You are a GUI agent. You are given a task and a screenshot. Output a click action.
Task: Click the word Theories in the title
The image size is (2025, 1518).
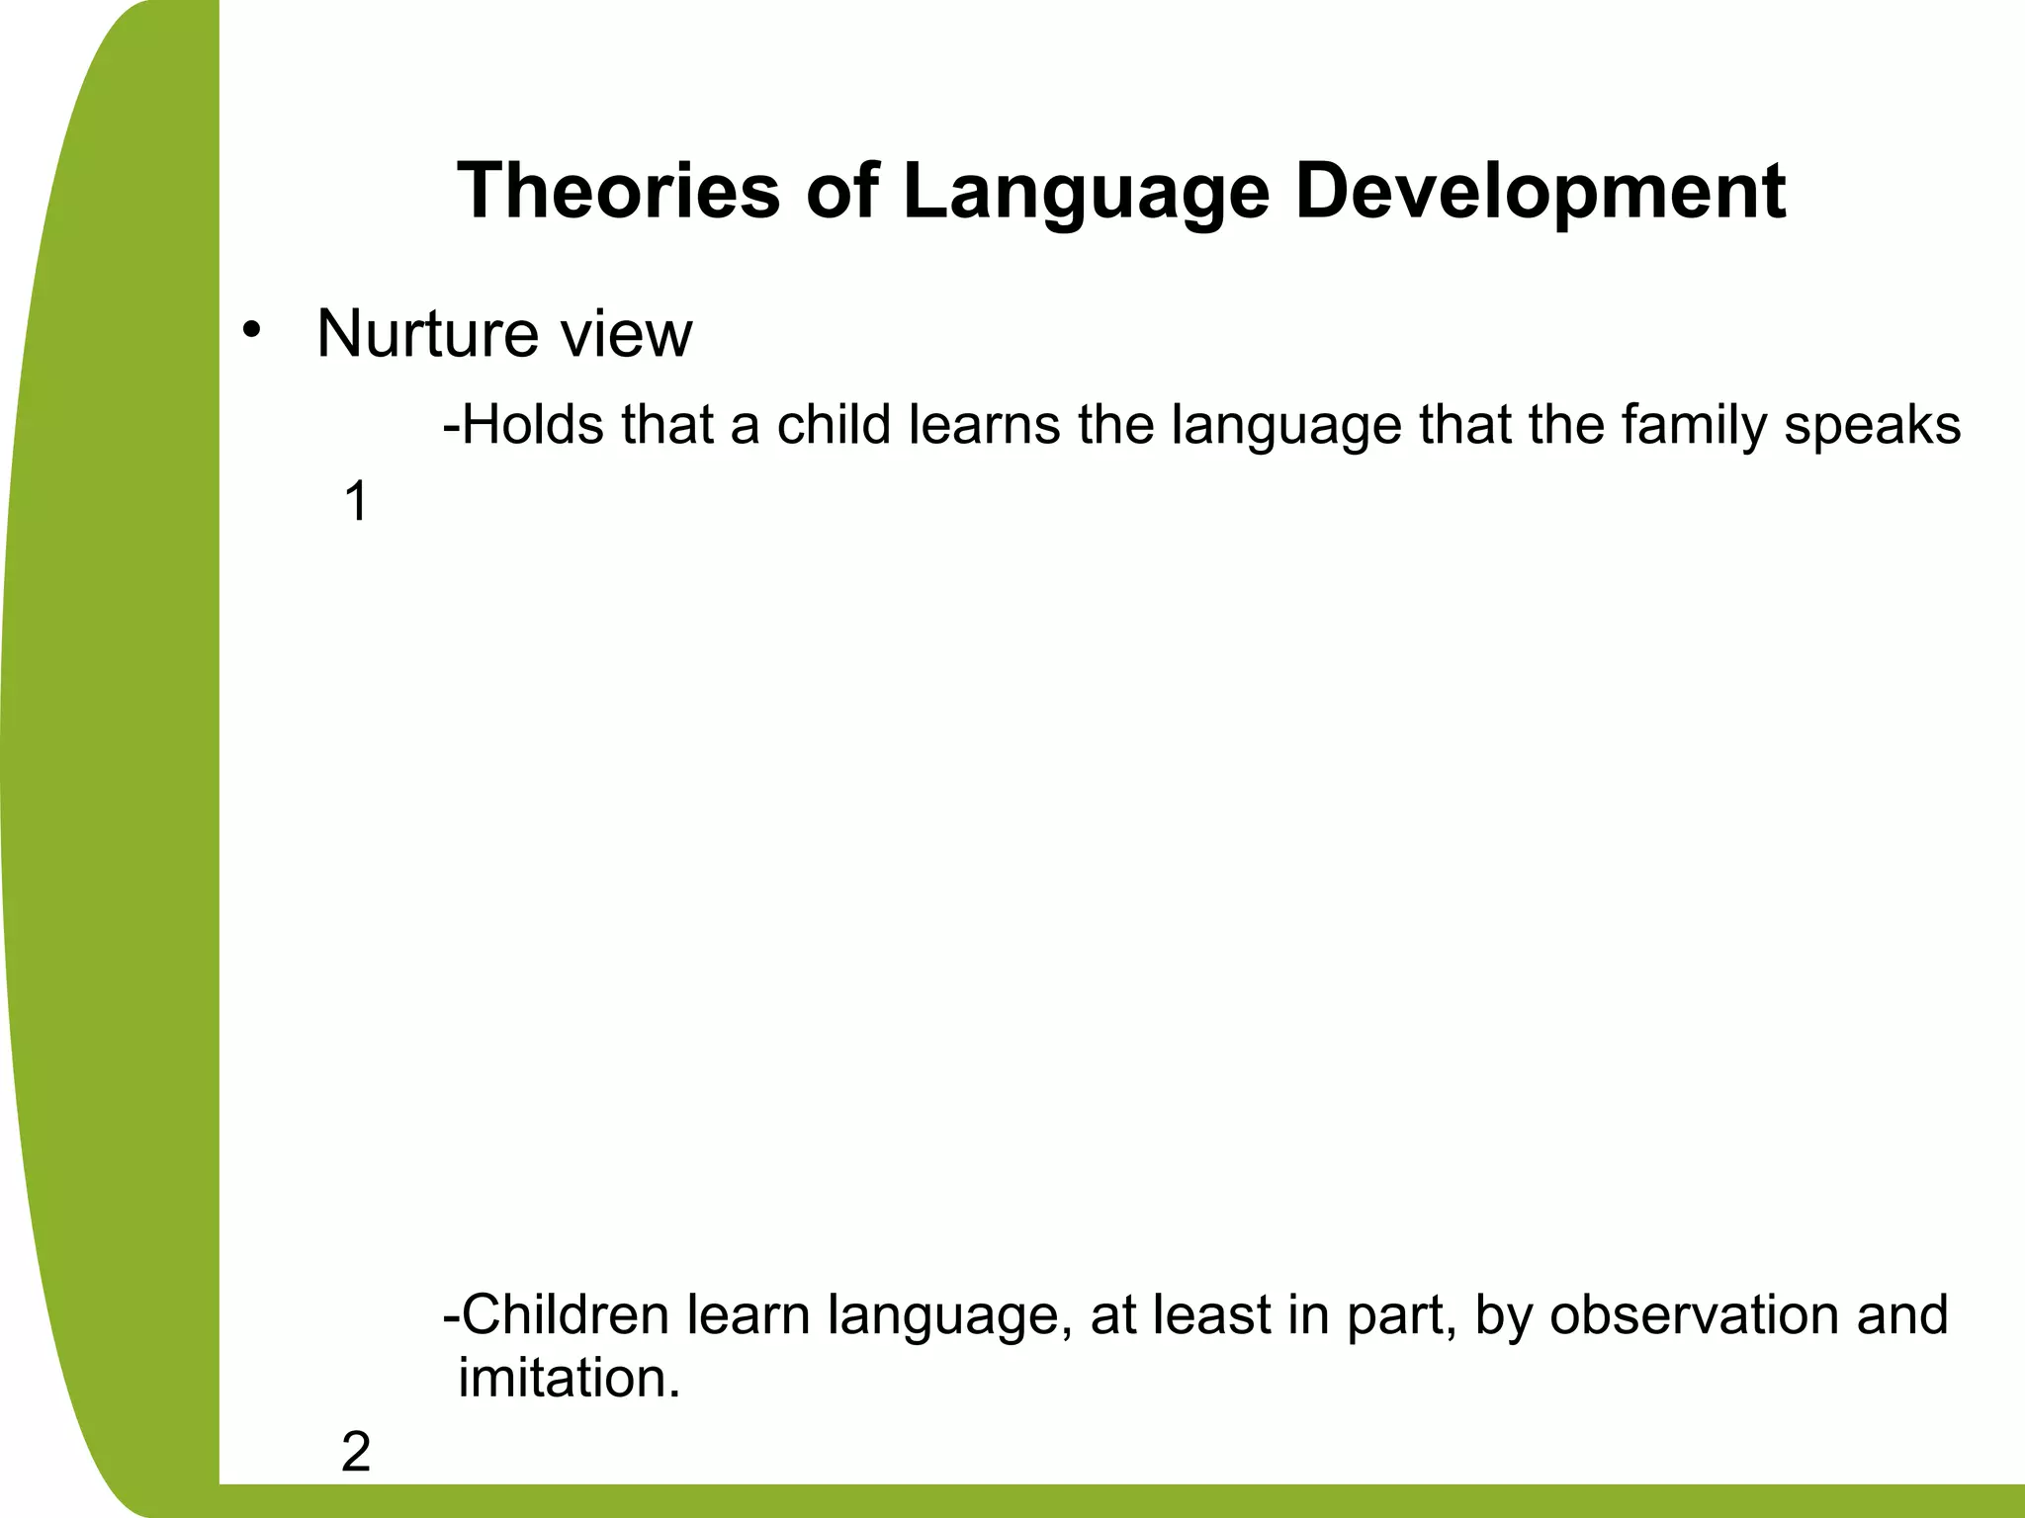[x=618, y=191]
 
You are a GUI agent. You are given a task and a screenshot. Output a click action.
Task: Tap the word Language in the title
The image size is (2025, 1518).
[x=1085, y=191]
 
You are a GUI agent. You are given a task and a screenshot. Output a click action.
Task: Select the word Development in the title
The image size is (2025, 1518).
[x=1540, y=191]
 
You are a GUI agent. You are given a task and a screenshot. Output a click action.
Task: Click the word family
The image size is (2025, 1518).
[x=1697, y=425]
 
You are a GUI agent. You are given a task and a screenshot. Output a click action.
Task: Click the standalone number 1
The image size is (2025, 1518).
[x=355, y=502]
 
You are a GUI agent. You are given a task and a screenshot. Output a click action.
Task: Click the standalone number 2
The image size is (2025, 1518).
[x=355, y=1453]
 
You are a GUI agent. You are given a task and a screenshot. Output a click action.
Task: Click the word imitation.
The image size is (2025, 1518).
[x=569, y=1378]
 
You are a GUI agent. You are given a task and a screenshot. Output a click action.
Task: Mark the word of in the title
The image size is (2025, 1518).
[x=840, y=191]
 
